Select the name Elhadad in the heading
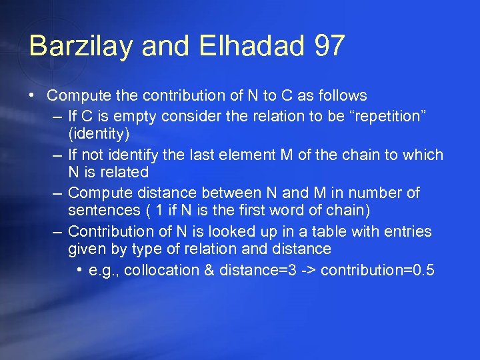coord(234,47)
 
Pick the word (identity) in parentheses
coord(99,134)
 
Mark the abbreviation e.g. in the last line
coord(103,270)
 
